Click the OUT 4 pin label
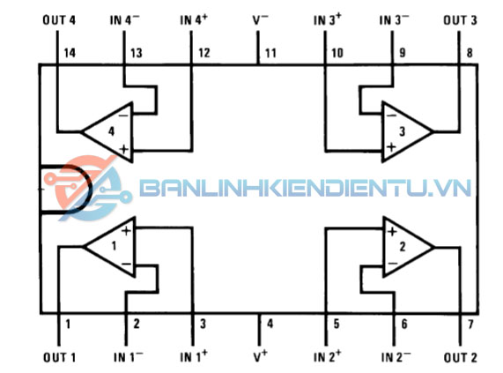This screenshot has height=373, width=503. coord(59,20)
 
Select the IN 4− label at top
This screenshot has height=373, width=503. coord(125,19)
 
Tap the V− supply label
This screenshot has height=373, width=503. coord(260,19)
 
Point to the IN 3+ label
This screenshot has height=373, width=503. coord(328,19)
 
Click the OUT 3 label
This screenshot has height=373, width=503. coord(460,20)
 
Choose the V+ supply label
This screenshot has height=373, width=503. coord(260,356)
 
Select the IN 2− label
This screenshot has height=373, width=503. coord(396,356)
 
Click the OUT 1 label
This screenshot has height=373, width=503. coord(59,357)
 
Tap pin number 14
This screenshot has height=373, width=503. coord(70,53)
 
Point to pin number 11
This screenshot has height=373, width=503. coord(270,53)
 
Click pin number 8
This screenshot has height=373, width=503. coord(470,53)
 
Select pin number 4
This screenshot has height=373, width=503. coord(270,324)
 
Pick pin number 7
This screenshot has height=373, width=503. coord(470,325)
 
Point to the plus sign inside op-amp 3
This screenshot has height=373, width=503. coord(391,147)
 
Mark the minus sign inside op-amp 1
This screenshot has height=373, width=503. coord(126,264)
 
